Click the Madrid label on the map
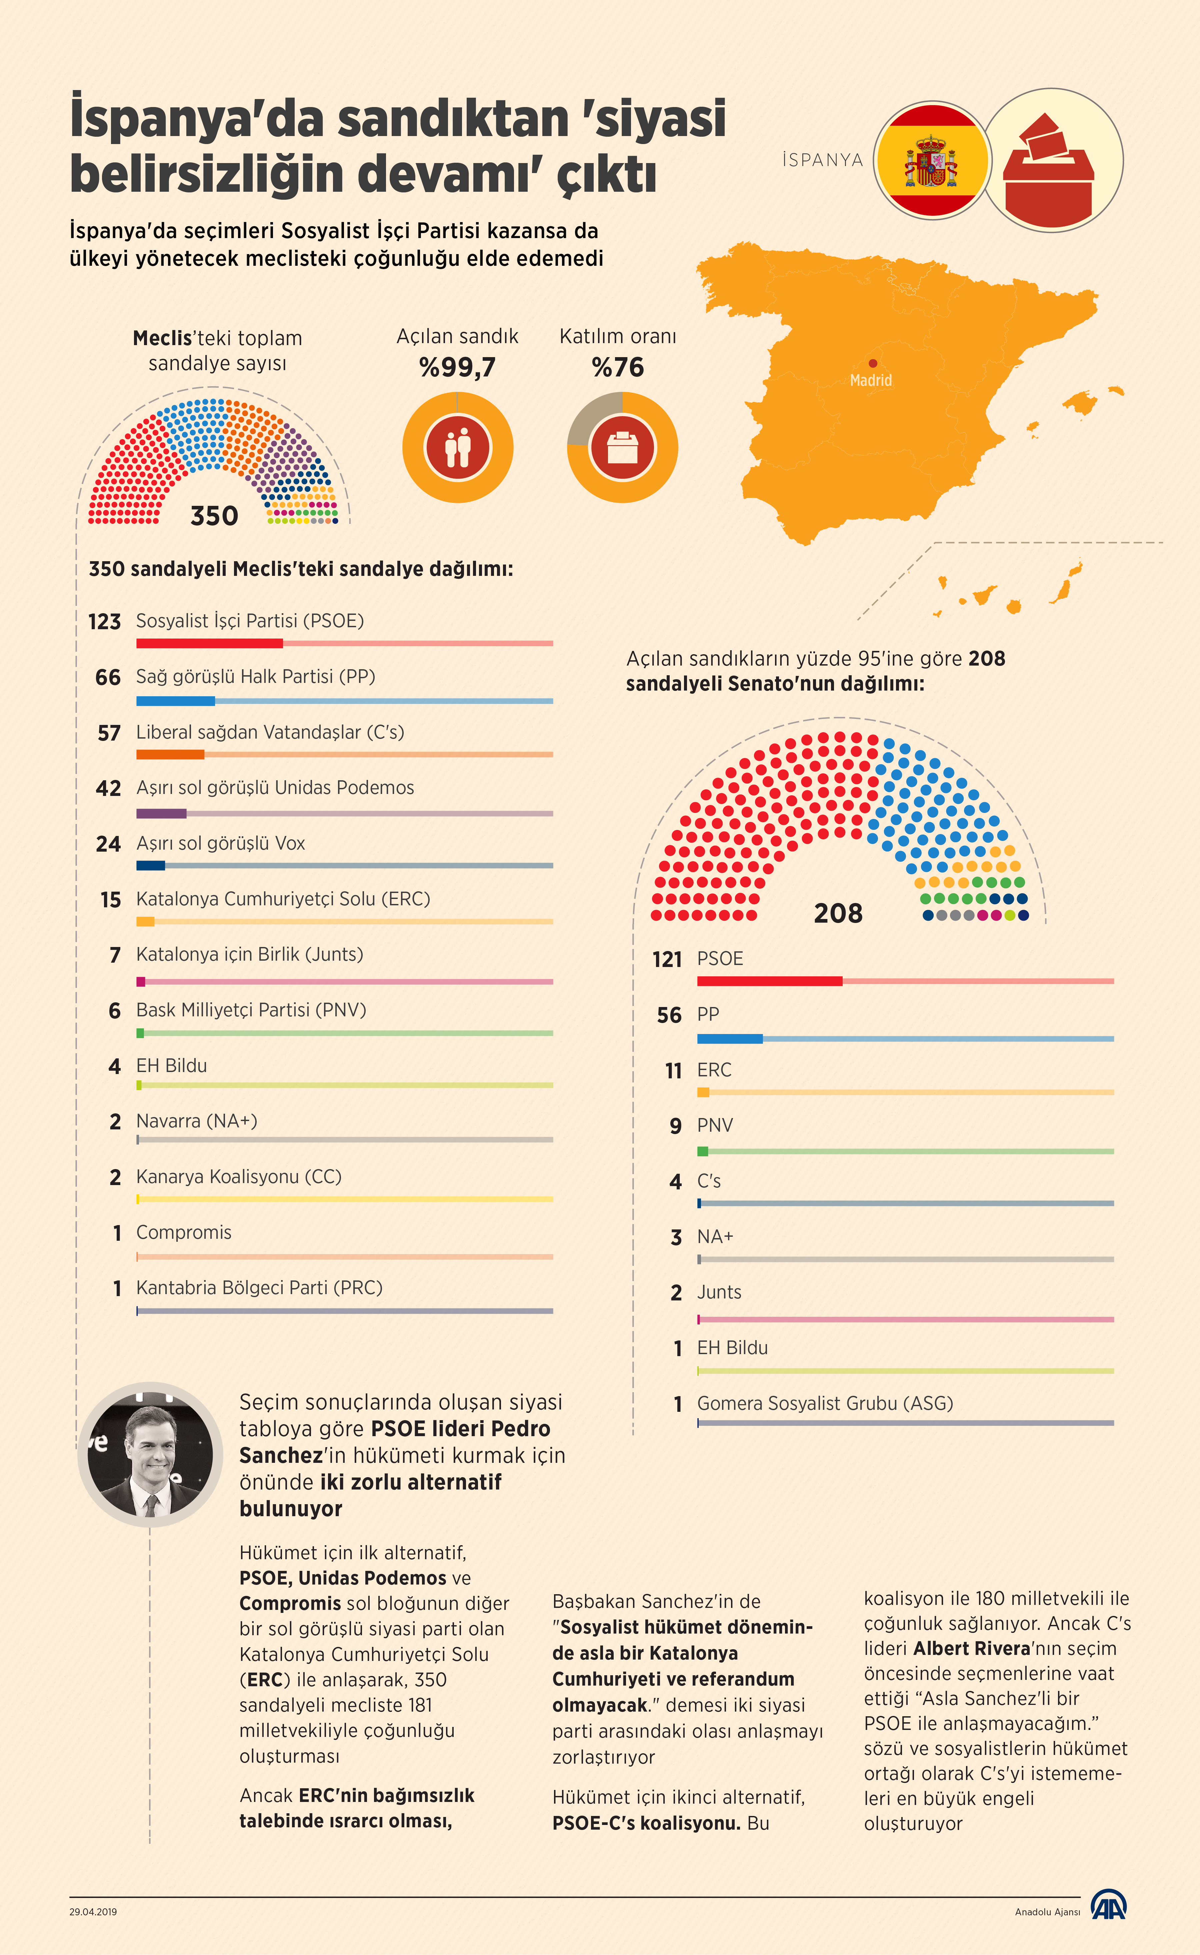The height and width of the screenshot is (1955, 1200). pos(871,380)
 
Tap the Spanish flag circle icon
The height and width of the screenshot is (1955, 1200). pos(932,159)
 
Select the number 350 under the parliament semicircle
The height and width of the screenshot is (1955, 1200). pos(214,516)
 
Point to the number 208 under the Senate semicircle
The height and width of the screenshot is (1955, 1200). pos(838,914)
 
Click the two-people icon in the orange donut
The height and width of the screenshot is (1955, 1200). pos(458,448)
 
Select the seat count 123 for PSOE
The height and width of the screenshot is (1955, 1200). pos(105,622)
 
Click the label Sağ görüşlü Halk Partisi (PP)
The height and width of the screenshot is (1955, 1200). pos(256,676)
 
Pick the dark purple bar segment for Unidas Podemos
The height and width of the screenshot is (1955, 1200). pos(161,814)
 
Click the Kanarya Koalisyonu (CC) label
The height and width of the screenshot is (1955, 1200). pos(239,1176)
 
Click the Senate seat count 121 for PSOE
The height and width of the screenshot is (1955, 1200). pos(667,960)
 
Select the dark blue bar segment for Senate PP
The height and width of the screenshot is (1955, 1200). pos(729,1038)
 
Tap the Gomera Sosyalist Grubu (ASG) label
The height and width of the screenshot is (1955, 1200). pos(825,1403)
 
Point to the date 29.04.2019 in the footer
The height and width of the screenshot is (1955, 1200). pos(93,1912)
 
